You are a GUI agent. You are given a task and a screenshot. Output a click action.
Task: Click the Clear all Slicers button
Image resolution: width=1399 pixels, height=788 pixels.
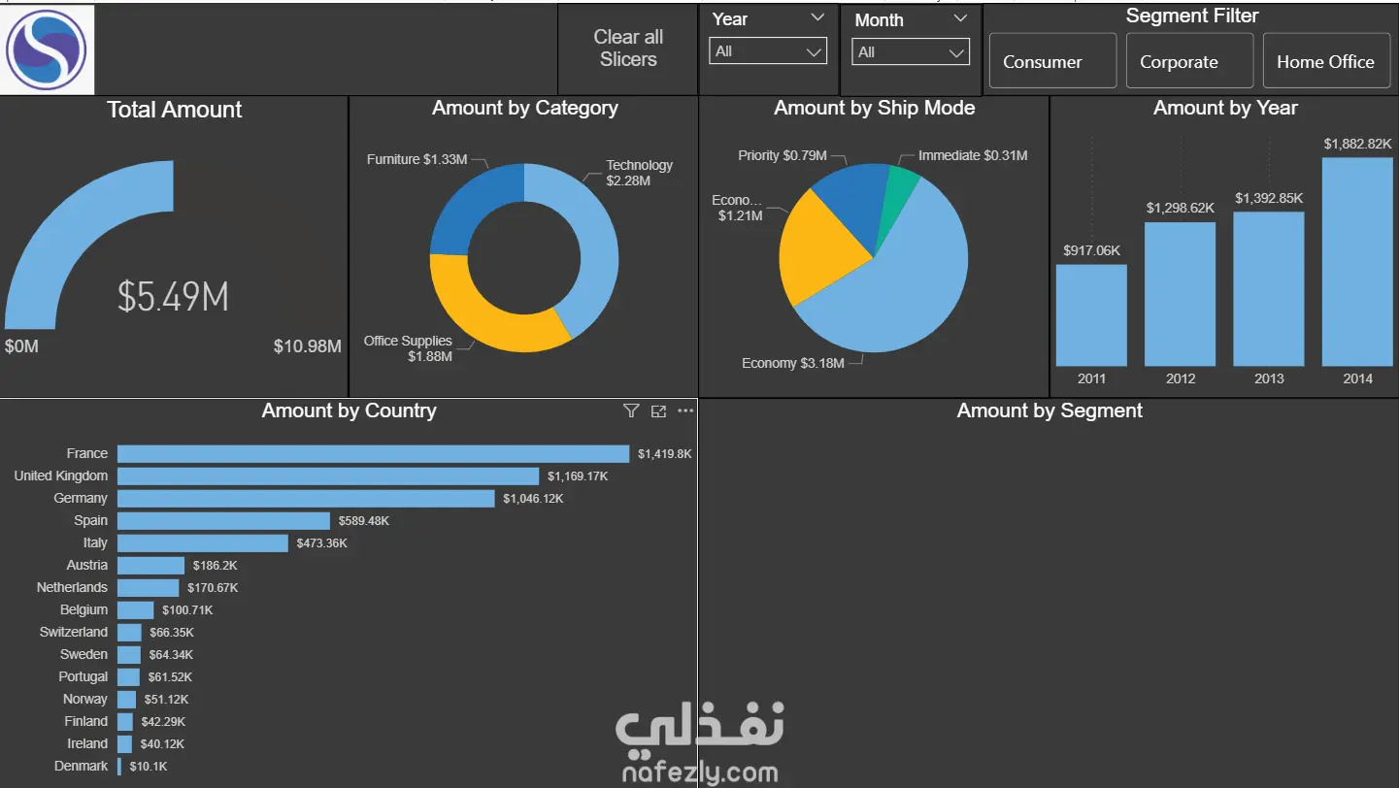pyautogui.click(x=628, y=49)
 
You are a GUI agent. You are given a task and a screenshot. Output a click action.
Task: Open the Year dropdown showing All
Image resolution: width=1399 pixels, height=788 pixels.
pyautogui.click(x=768, y=51)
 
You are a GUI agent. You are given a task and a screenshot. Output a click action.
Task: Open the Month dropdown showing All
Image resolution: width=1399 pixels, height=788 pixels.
pyautogui.click(x=910, y=51)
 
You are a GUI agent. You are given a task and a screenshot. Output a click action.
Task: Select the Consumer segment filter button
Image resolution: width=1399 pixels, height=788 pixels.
pyautogui.click(x=1053, y=61)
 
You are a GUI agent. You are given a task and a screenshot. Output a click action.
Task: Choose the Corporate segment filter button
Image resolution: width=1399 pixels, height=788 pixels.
pyautogui.click(x=1189, y=61)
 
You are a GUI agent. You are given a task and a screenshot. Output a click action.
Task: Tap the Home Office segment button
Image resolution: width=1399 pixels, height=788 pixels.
pyautogui.click(x=1326, y=61)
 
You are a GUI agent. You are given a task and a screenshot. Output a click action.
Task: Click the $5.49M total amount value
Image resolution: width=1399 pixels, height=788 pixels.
pyautogui.click(x=173, y=296)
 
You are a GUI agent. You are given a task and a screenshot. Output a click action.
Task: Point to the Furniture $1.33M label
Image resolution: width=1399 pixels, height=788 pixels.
pyautogui.click(x=416, y=159)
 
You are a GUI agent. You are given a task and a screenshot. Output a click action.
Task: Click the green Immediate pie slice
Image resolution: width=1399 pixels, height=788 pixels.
pyautogui.click(x=899, y=193)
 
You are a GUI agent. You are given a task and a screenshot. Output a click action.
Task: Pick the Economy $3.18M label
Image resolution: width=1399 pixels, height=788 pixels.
pyautogui.click(x=792, y=363)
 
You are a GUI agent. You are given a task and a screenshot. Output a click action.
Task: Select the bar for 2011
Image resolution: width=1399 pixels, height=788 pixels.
pyautogui.click(x=1091, y=315)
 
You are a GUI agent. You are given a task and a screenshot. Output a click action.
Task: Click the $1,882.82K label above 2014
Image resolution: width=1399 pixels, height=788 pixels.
pyautogui.click(x=1357, y=144)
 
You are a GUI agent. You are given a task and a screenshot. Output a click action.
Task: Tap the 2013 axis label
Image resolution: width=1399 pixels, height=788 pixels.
pyautogui.click(x=1269, y=378)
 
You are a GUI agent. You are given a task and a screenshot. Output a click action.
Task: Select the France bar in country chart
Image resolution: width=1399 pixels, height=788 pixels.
pyautogui.click(x=374, y=454)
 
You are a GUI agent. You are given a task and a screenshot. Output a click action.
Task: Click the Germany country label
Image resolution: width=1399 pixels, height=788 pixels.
pyautogui.click(x=81, y=498)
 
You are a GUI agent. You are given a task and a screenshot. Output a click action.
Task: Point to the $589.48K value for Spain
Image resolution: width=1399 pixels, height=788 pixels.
pyautogui.click(x=363, y=521)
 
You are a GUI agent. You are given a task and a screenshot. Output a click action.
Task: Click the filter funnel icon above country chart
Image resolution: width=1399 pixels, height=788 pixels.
pyautogui.click(x=631, y=410)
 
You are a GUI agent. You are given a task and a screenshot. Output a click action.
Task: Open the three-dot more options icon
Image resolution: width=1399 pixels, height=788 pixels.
pyautogui.click(x=685, y=410)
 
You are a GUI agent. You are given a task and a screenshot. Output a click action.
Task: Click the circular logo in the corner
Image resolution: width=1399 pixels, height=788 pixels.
pyautogui.click(x=47, y=49)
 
